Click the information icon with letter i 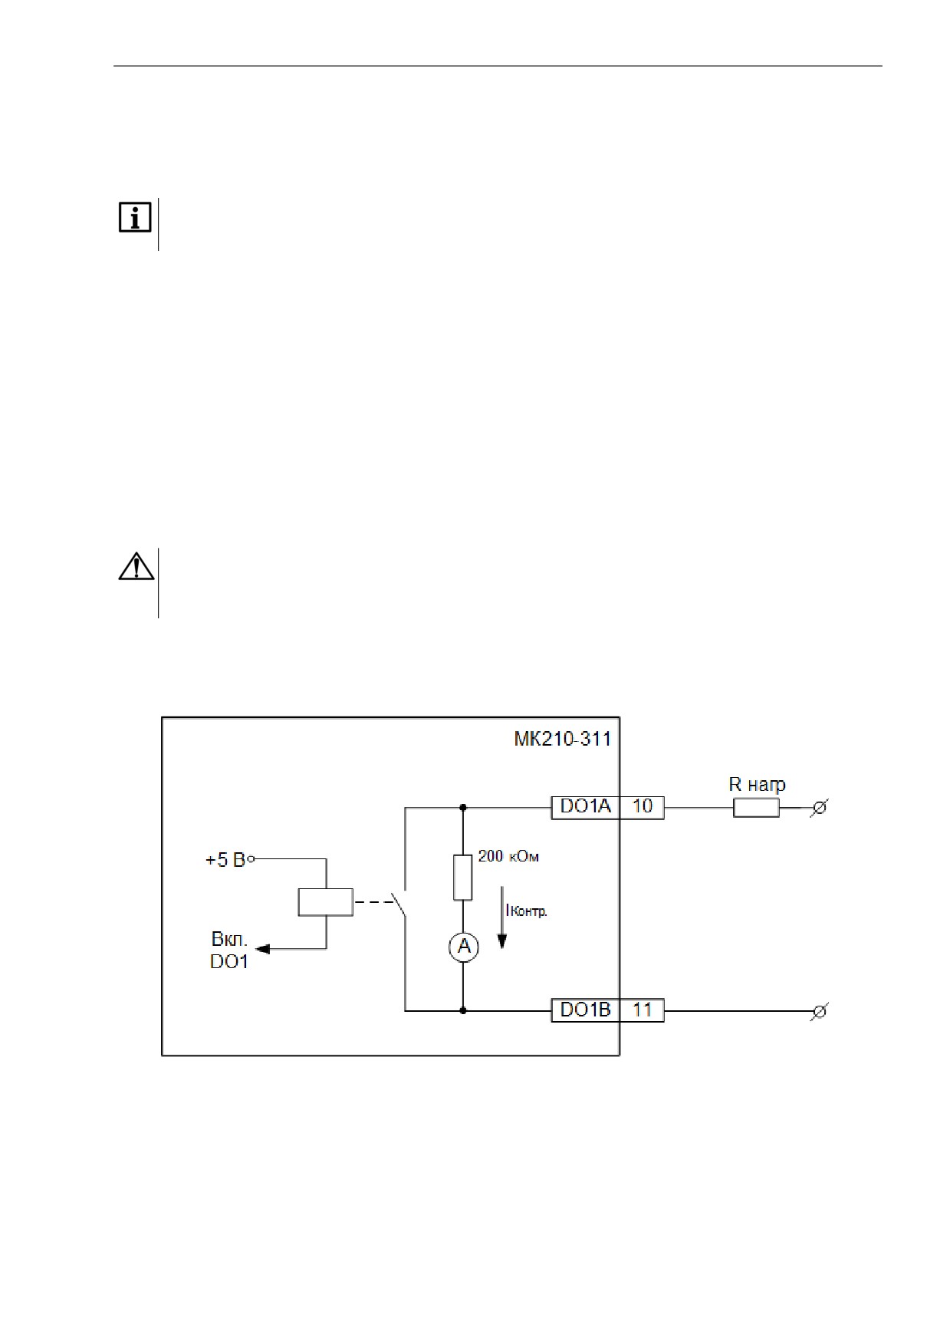pos(135,219)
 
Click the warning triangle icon pos(136,566)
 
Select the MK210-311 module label pos(562,739)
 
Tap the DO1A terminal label pos(586,806)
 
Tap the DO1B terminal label pos(586,1010)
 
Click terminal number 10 pos(643,806)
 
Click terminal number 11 pos(643,1010)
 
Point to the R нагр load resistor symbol pos(756,808)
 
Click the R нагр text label pos(757,785)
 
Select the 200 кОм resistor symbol pos(463,878)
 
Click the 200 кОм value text pos(508,856)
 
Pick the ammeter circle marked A pos(463,947)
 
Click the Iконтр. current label pos(526,911)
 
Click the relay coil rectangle pos(325,901)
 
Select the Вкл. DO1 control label pos(229,950)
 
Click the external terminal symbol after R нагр pos(819,808)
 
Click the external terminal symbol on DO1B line pos(819,1011)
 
